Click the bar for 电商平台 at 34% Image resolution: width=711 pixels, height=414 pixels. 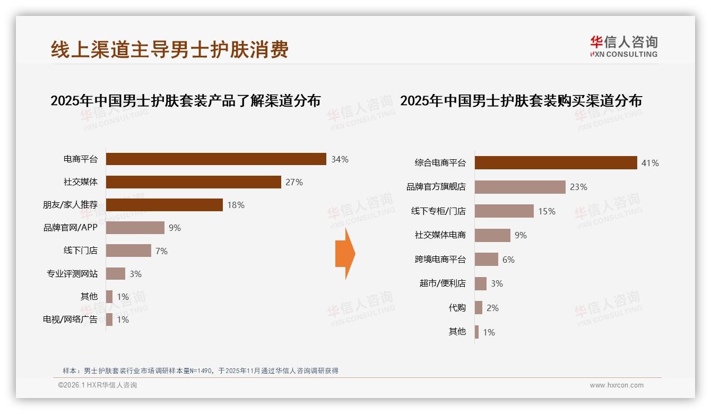tap(216, 159)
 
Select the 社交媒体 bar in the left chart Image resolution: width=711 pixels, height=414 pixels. tap(193, 182)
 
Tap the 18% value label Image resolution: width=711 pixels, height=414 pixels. tap(236, 205)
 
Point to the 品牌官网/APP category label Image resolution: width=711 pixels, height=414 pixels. tap(70, 228)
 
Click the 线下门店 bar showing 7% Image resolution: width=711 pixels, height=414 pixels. tap(128, 251)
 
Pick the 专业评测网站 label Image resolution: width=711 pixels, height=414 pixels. tap(72, 274)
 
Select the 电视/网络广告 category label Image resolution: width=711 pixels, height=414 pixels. tap(70, 320)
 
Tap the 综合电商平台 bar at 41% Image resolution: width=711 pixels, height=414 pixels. tap(556, 163)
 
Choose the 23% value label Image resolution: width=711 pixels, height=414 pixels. tap(578, 187)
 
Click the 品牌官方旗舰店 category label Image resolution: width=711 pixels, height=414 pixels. tap(436, 187)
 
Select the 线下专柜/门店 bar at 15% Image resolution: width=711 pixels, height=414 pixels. tap(504, 211)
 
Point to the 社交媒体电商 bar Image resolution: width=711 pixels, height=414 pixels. tap(492, 235)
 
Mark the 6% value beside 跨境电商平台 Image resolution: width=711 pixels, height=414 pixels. tap(508, 260)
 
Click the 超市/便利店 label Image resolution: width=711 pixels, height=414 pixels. tap(443, 283)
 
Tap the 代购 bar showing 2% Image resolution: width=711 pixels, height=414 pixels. tap(479, 308)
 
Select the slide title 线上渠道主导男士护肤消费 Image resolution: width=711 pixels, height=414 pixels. tap(170, 50)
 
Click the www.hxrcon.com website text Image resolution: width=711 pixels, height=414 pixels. tap(617, 385)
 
